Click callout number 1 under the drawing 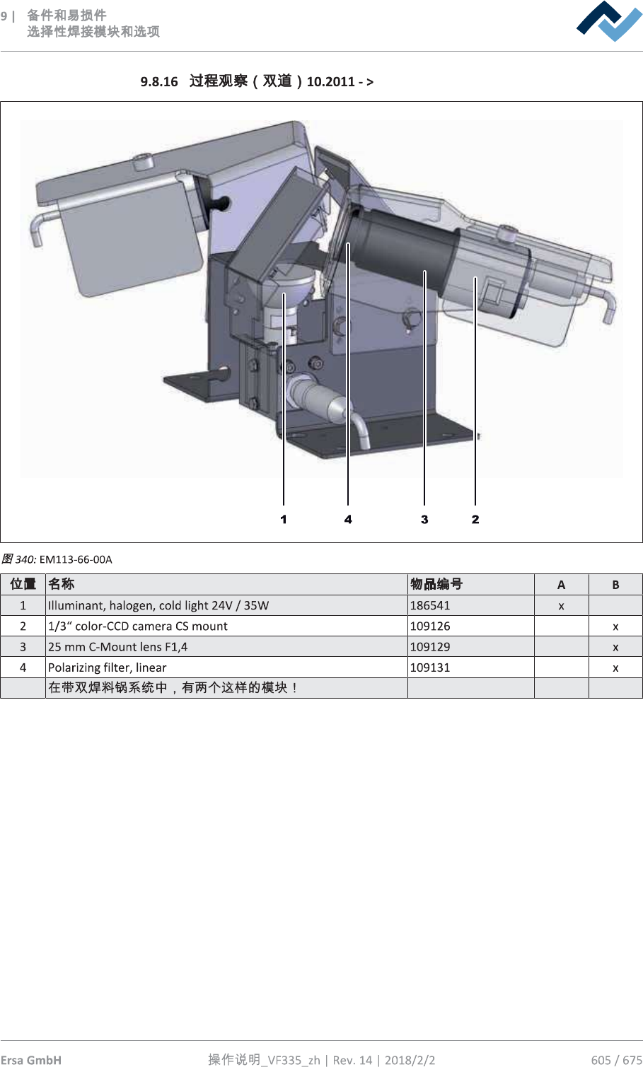[284, 519]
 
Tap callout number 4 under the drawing [348, 519]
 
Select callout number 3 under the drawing [424, 519]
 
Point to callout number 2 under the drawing [475, 519]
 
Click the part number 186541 [430, 605]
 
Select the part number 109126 [430, 626]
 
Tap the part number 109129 [430, 647]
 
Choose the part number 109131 [430, 667]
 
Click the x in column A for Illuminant [561, 607]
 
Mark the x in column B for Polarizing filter [615, 668]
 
